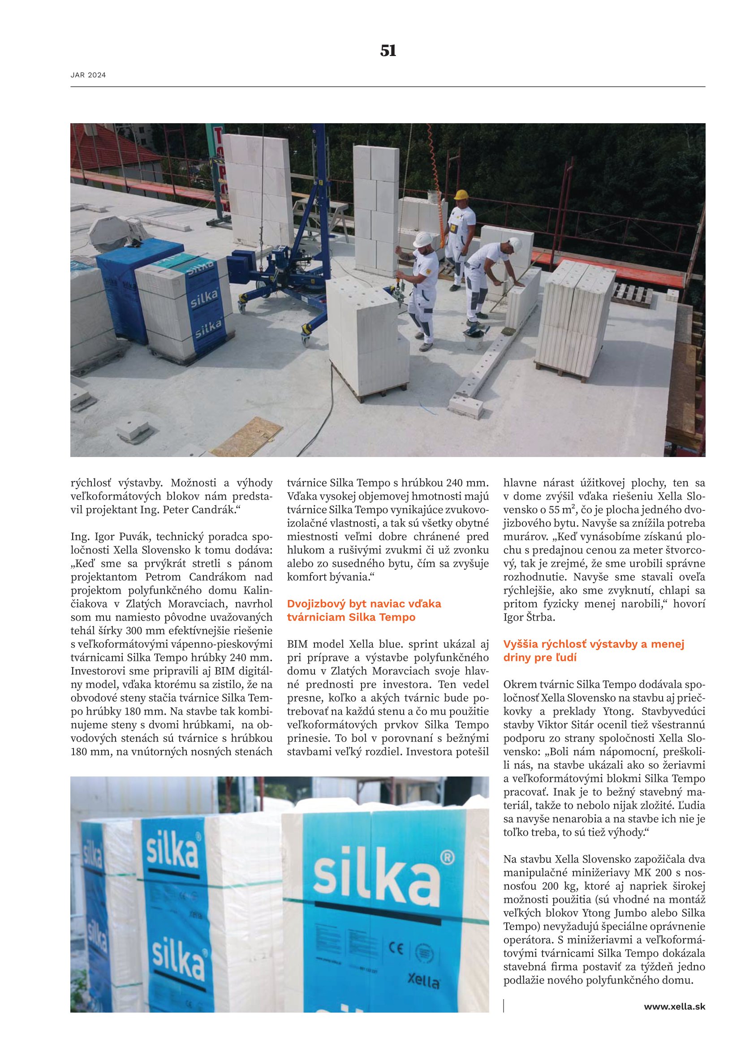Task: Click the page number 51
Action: coord(388,51)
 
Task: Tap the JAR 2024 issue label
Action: coord(88,75)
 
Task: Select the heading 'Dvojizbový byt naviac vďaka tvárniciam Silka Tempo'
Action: coord(364,610)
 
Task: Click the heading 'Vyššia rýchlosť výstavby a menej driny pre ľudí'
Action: coord(594,651)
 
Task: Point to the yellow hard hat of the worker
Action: coord(461,194)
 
